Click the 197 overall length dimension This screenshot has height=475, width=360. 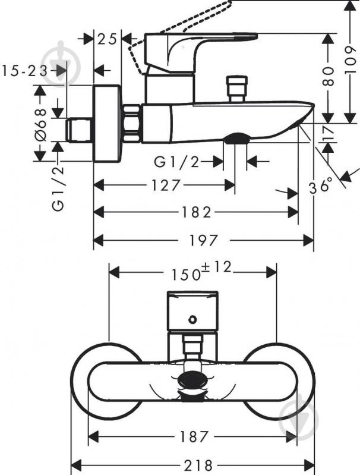tap(203, 241)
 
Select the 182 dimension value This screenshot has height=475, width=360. tap(196, 212)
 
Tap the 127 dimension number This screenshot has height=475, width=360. tap(166, 185)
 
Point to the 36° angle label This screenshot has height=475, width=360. tap(321, 185)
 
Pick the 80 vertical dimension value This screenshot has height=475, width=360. tap(329, 76)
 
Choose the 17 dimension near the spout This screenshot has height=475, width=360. tap(328, 134)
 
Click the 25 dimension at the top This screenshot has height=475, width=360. tap(107, 39)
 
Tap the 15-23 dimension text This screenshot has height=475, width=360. tap(25, 71)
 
